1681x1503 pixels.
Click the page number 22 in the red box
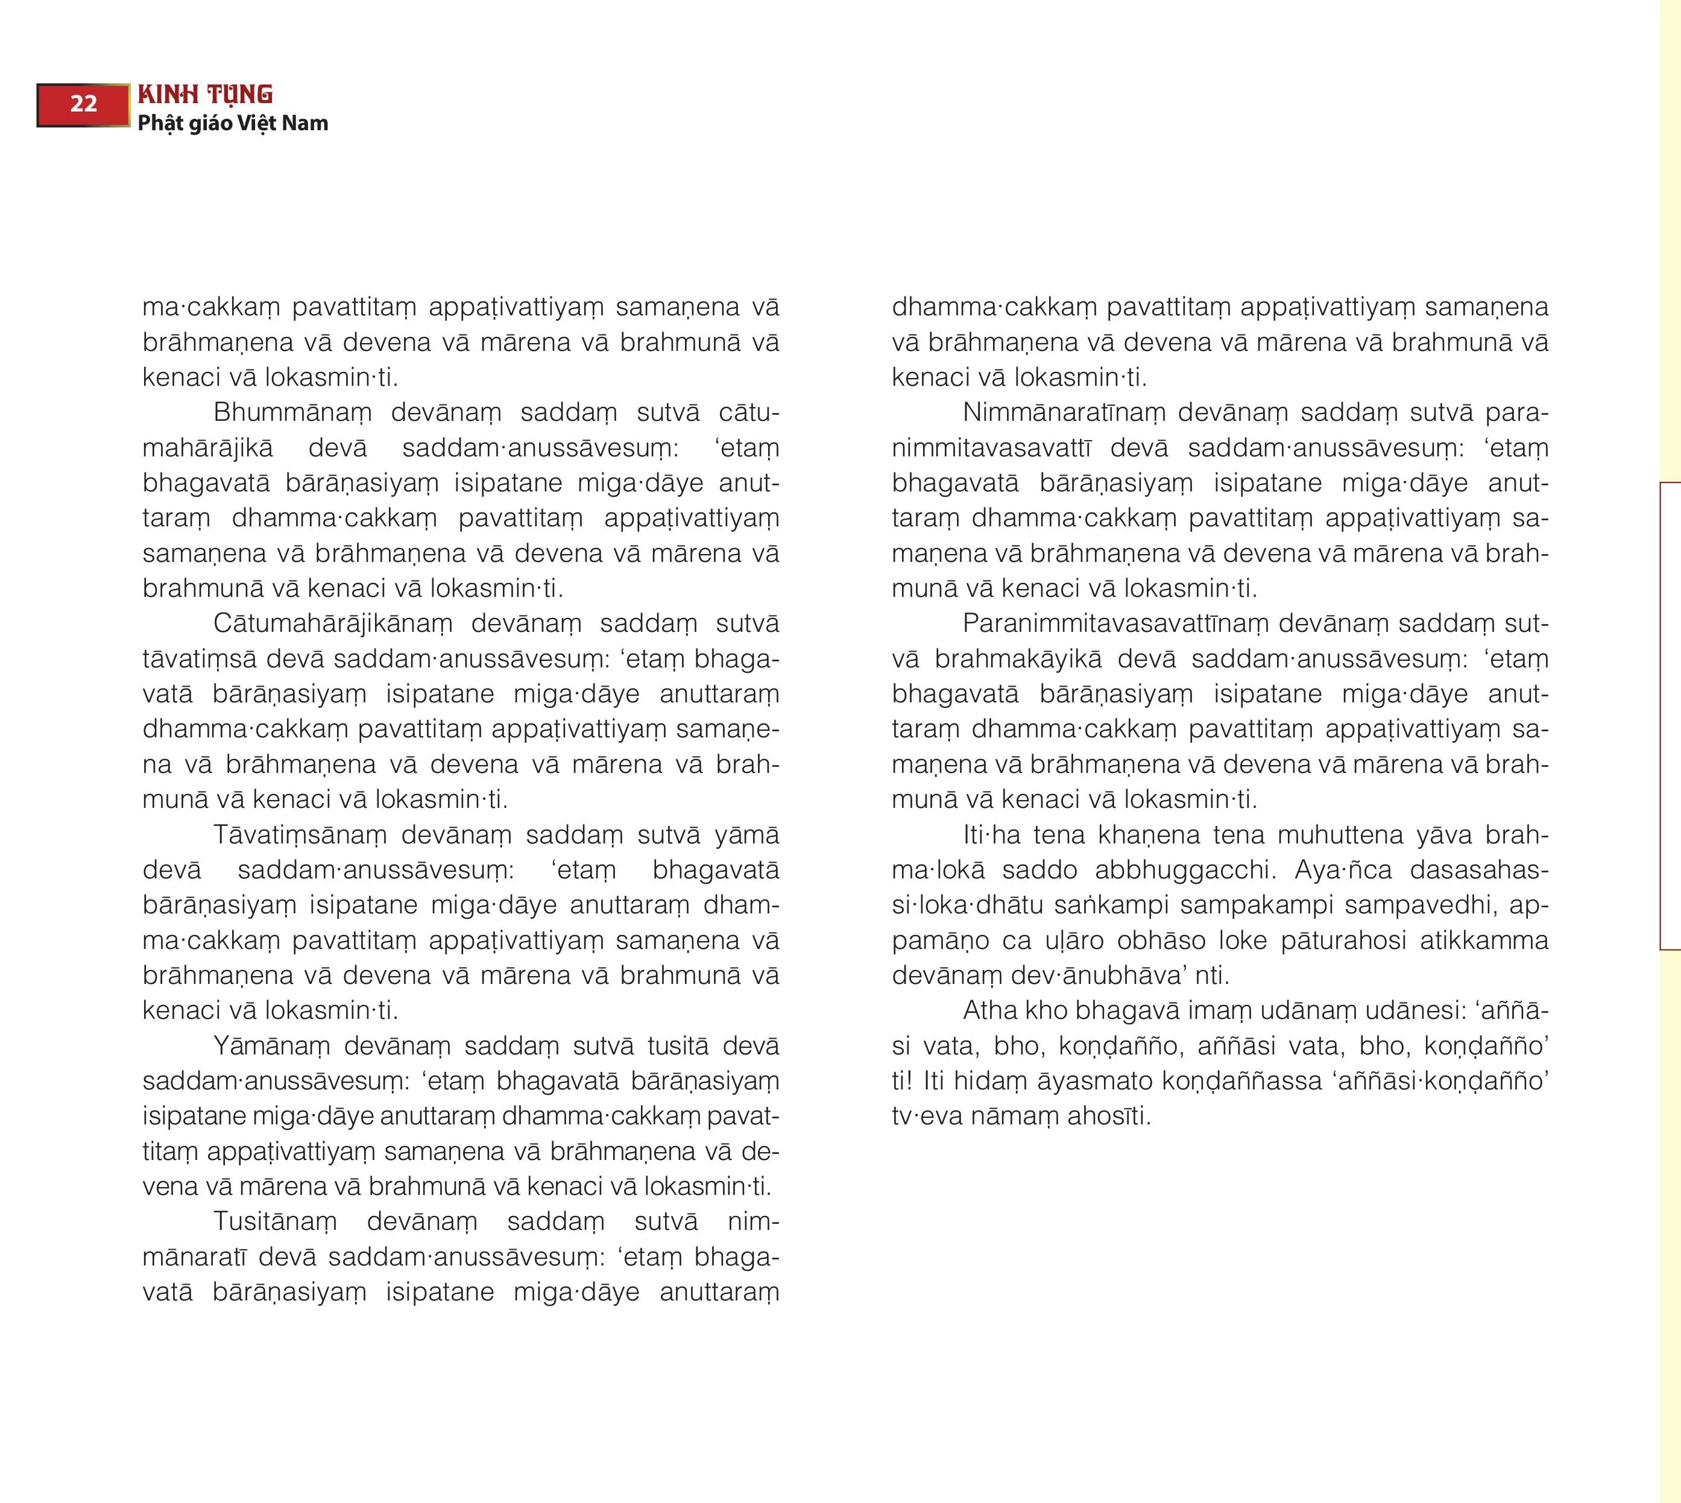point(83,104)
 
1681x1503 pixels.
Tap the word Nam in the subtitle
point(305,123)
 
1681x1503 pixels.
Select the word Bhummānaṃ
point(292,412)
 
